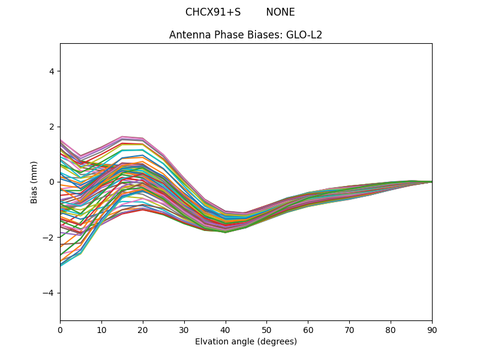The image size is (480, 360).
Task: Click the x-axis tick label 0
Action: pos(60,329)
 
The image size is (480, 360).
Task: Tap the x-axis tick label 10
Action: pos(101,329)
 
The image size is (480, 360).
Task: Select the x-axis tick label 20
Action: pos(143,329)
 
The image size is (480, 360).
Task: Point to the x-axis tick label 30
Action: pos(184,329)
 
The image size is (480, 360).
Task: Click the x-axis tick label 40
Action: pos(226,329)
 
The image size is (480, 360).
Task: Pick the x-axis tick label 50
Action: pos(266,329)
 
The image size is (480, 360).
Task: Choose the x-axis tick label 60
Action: pos(308,329)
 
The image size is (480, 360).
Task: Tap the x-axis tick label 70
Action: pos(349,329)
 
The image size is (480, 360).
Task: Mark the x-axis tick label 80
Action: pos(391,329)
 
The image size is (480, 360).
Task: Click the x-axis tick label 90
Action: pos(432,329)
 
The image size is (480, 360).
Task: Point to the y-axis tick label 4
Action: pos(52,71)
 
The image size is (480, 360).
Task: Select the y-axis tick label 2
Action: pos(52,127)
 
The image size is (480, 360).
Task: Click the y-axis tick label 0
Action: pos(52,182)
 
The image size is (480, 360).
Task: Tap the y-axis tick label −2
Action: pos(49,237)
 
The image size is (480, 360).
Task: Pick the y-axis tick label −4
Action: pos(49,293)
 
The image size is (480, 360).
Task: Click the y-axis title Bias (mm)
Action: pos(34,182)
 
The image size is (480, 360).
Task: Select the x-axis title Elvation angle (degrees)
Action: pos(246,341)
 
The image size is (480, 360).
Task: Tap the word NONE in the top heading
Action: pos(280,12)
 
